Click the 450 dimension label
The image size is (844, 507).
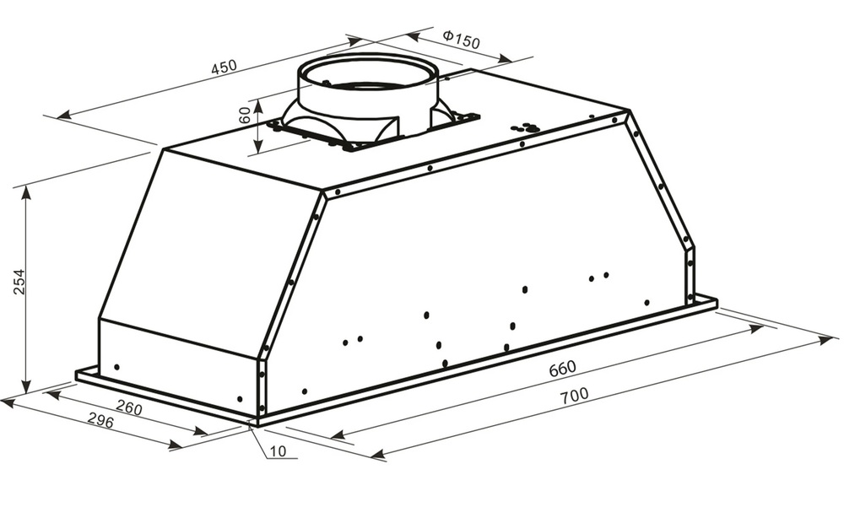click(224, 67)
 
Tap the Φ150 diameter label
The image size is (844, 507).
click(461, 39)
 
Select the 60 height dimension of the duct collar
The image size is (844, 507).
click(245, 115)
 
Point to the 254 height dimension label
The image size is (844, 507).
click(19, 281)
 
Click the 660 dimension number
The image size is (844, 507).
click(562, 369)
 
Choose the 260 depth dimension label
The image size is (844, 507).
click(129, 408)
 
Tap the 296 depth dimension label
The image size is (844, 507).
click(100, 422)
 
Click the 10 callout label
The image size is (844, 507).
click(278, 451)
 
